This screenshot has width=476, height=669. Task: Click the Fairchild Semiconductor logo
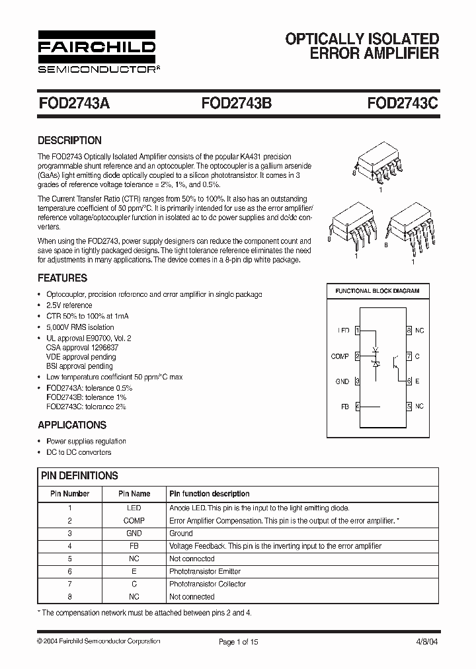pyautogui.click(x=97, y=52)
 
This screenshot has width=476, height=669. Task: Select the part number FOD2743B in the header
pyautogui.click(x=236, y=104)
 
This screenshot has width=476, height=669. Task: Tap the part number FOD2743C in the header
pyautogui.click(x=403, y=104)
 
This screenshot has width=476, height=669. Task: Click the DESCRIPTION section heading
pyautogui.click(x=69, y=140)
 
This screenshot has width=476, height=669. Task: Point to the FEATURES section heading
pyautogui.click(x=62, y=278)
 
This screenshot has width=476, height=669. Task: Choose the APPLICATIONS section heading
pyautogui.click(x=71, y=425)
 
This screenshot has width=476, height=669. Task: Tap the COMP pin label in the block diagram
pyautogui.click(x=340, y=356)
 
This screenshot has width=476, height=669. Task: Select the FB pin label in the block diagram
pyautogui.click(x=344, y=407)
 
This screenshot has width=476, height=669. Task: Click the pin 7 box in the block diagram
pyautogui.click(x=409, y=356)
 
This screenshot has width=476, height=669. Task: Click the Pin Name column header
pyautogui.click(x=134, y=494)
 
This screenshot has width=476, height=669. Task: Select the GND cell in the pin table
pyautogui.click(x=134, y=533)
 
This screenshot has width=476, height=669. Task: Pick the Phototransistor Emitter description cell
pyautogui.click(x=205, y=571)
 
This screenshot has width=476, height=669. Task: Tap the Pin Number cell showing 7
pyautogui.click(x=69, y=584)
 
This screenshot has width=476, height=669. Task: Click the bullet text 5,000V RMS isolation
pyautogui.click(x=80, y=327)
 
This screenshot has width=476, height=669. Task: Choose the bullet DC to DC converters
pyautogui.click(x=79, y=452)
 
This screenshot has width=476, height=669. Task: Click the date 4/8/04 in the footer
pyautogui.click(x=426, y=641)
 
